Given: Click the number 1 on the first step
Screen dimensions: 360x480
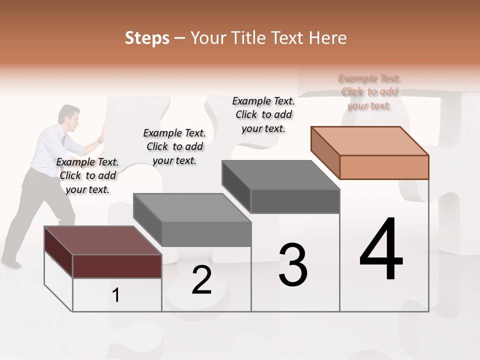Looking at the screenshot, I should (x=116, y=295).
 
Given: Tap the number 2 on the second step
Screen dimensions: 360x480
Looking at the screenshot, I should (x=201, y=280).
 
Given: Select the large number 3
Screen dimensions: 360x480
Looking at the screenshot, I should (x=293, y=264).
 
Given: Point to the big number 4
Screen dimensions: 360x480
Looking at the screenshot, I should (x=381, y=249).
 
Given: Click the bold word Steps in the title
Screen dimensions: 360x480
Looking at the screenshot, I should (x=147, y=38).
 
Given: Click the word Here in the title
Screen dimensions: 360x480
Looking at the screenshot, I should (x=327, y=38).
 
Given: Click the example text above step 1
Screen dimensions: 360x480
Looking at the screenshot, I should (x=87, y=175).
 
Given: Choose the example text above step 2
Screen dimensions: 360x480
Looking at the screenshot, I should (x=174, y=146).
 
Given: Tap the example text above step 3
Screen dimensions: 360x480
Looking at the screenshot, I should (x=263, y=114).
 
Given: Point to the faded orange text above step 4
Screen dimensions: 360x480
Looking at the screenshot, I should (x=369, y=91).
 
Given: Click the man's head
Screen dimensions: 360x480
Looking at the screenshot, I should (x=68, y=114).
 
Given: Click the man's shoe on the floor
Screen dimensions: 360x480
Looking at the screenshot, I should (x=11, y=261).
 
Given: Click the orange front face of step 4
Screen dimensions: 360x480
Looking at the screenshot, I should (x=384, y=167).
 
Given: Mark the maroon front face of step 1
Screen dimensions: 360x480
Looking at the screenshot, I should (x=117, y=266).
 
